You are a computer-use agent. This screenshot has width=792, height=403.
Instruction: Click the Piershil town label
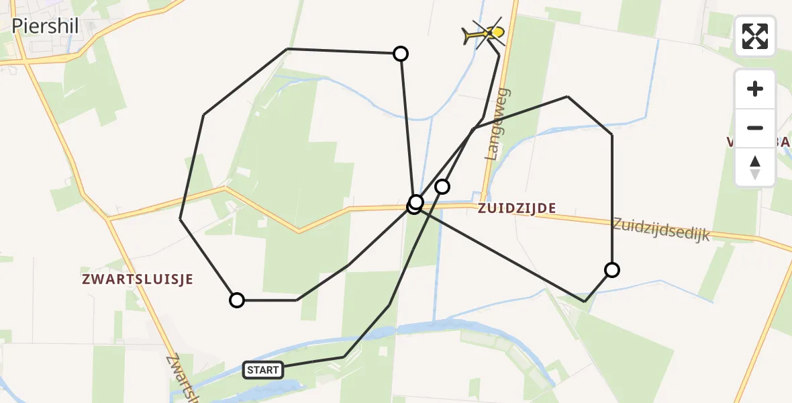(46, 26)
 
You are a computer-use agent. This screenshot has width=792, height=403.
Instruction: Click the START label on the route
(263, 369)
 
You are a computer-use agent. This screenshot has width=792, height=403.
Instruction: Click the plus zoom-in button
(755, 89)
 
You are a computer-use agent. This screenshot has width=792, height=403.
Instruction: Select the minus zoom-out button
(755, 128)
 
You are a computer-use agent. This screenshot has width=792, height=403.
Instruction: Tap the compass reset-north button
(755, 167)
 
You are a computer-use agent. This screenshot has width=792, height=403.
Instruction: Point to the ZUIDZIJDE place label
(517, 209)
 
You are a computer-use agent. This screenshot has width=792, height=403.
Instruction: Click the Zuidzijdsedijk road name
(661, 229)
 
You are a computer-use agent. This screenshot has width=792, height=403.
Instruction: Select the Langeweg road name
(498, 124)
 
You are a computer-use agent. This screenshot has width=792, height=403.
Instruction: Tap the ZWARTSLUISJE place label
(138, 279)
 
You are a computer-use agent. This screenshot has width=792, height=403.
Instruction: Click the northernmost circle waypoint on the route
(400, 54)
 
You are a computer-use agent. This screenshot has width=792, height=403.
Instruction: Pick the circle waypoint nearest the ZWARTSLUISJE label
(237, 300)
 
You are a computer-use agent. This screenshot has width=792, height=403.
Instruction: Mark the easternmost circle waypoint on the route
(611, 270)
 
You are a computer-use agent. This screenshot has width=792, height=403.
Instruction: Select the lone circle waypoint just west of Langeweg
(442, 186)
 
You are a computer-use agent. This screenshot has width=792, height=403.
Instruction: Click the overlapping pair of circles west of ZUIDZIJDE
(415, 204)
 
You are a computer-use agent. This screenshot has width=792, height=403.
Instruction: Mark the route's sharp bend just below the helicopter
(499, 54)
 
